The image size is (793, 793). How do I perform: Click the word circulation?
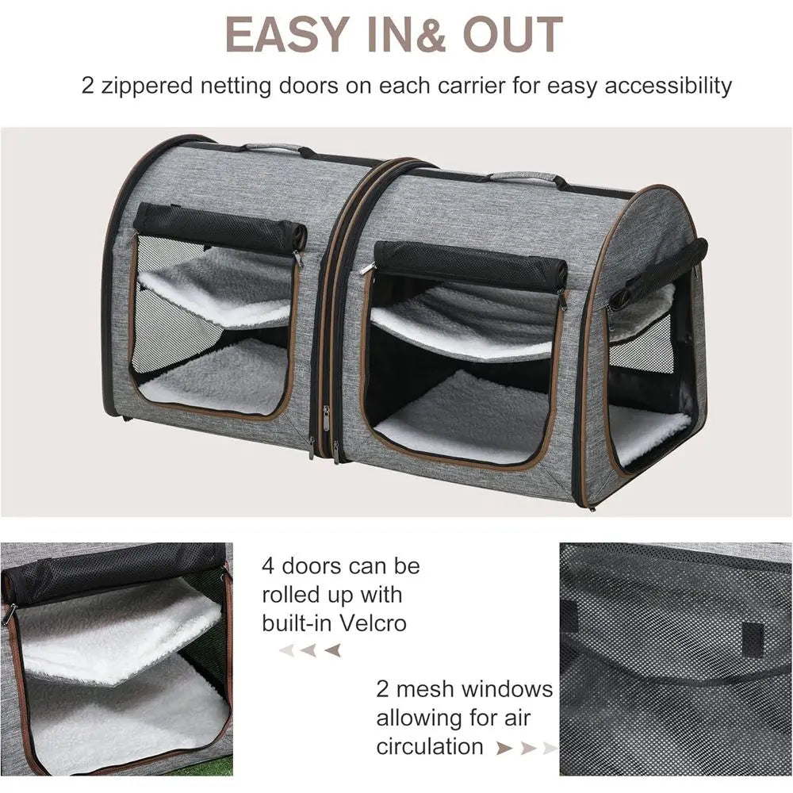(x=429, y=746)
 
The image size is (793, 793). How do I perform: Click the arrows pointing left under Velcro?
(x=310, y=650)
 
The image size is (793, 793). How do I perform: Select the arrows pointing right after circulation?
(x=525, y=747)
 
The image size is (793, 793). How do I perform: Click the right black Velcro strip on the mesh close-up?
(x=753, y=639)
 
